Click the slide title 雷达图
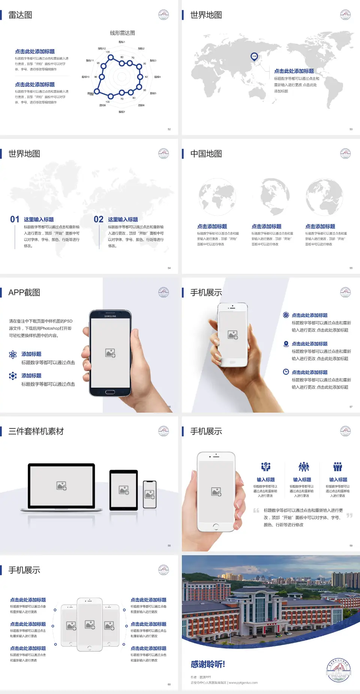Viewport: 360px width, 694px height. pos(20,15)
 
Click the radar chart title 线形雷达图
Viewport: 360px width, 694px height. pos(122,33)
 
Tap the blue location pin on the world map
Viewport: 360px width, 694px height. pos(254,56)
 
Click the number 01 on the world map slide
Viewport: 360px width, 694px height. pos(15,219)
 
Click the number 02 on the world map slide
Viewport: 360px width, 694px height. pos(99,219)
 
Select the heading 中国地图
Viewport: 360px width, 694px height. pos(206,154)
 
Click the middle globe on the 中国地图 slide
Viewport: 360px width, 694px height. pos(271,197)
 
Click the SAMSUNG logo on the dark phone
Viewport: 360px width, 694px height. pos(110,316)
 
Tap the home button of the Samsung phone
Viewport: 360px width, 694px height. pos(110,392)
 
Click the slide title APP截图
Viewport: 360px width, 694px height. pos(24,293)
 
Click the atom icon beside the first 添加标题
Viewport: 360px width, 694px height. pos(13,354)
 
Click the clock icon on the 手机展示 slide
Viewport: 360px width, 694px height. pos(286,372)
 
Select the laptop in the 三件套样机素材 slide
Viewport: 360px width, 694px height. pos(61,487)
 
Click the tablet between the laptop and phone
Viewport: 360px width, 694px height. pos(124,490)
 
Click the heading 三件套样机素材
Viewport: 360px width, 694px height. pos(36,431)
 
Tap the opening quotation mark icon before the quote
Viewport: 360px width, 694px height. pos(256,510)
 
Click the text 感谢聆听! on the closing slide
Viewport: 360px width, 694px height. pos(208,664)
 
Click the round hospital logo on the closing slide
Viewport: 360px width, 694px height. pos(339,670)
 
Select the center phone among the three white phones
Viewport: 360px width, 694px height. pos(90,624)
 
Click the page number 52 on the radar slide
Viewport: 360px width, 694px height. pos(169,129)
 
